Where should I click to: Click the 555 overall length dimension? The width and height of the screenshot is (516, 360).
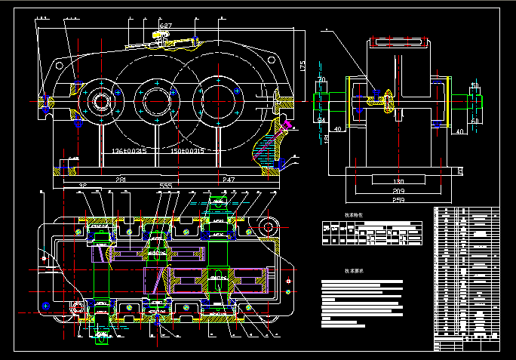point(165,186)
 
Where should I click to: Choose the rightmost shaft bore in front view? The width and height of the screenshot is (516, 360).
point(217,100)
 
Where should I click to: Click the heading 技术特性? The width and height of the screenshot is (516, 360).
point(354,215)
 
